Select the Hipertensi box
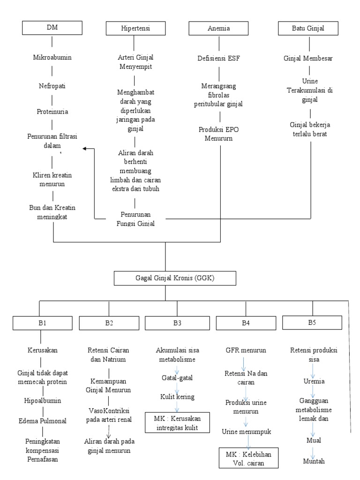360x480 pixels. click(135, 29)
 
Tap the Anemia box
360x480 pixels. click(218, 29)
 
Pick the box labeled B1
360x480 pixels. click(41, 323)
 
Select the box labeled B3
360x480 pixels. click(177, 323)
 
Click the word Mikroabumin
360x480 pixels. click(52, 59)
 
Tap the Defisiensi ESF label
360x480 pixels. click(218, 59)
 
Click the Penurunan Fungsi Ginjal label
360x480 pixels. click(135, 219)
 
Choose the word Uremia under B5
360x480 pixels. click(312, 381)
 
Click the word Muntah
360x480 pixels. click(313, 460)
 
